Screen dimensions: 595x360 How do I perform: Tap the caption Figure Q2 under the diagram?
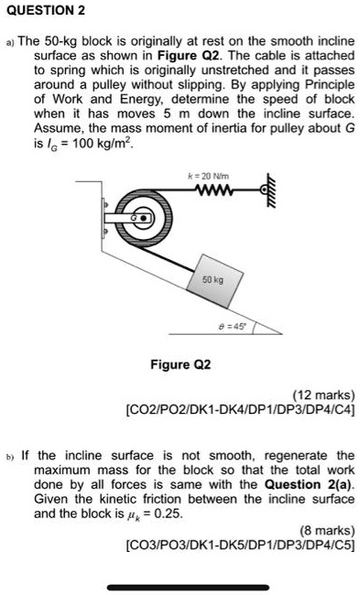(x=180, y=363)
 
